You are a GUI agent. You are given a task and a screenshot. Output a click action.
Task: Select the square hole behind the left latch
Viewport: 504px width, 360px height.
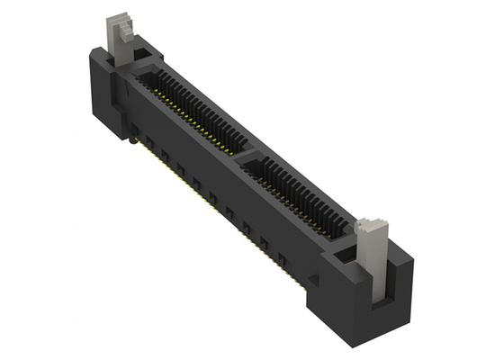tap(143, 58)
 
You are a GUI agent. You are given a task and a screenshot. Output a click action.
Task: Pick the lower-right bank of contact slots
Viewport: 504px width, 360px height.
tap(301, 194)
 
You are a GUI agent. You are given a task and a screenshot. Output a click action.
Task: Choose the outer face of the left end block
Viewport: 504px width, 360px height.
tap(101, 90)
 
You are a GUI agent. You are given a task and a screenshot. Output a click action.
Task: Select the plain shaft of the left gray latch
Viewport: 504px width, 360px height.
tap(114, 40)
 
